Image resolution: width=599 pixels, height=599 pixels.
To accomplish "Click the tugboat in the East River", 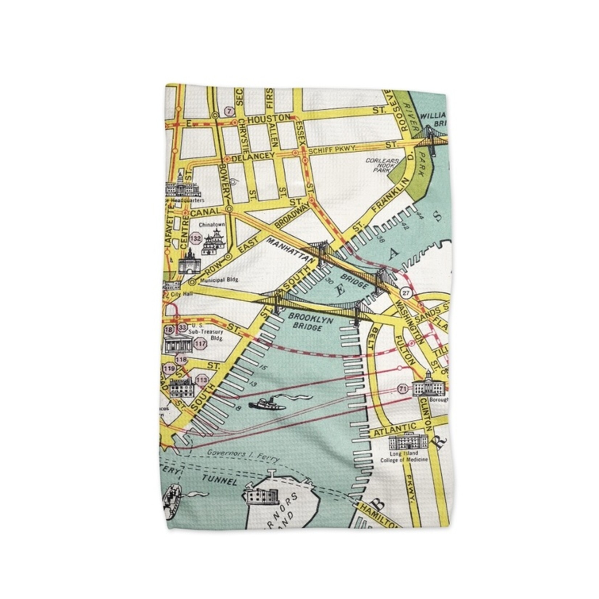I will click(267, 405).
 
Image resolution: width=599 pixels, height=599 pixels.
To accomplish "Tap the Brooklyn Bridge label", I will click(305, 322).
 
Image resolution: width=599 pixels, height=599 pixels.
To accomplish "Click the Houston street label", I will click(269, 119).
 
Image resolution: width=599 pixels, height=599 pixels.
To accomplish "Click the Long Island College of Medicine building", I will click(408, 442).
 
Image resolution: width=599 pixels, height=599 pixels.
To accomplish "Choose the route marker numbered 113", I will click(202, 380).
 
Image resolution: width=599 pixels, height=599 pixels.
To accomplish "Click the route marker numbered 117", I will click(200, 344).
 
